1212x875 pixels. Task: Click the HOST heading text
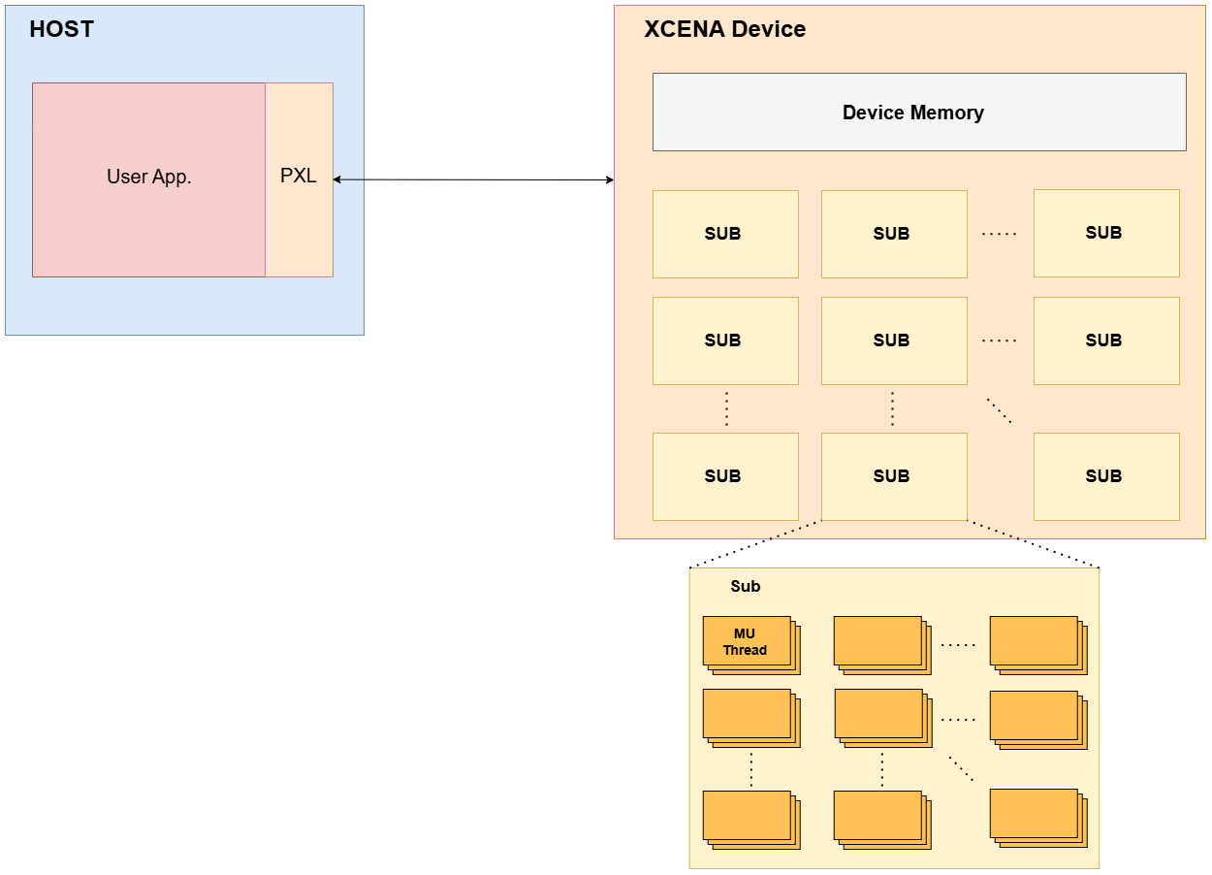[x=61, y=29]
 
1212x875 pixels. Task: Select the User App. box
[x=148, y=179]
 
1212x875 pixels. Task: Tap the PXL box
[x=299, y=179]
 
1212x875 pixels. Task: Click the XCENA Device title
[x=724, y=29]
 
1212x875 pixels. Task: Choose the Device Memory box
[x=918, y=113]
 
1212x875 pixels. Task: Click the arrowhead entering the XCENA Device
[x=609, y=179]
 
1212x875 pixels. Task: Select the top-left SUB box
[x=724, y=234]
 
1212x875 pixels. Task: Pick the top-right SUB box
[x=1105, y=233]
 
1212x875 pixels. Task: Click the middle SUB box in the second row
[x=893, y=340]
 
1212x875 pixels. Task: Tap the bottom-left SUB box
[x=724, y=476]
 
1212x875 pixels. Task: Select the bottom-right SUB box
[x=1105, y=476]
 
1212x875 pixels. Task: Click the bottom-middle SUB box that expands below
[x=893, y=476]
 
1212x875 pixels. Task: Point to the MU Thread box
[x=747, y=642]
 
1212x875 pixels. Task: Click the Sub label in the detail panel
[x=745, y=587]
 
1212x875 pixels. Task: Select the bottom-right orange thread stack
[x=1037, y=817]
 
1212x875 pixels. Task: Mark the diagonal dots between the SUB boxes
[x=999, y=410]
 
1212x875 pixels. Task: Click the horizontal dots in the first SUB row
[x=999, y=234]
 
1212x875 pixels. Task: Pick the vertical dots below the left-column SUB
[x=726, y=408]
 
